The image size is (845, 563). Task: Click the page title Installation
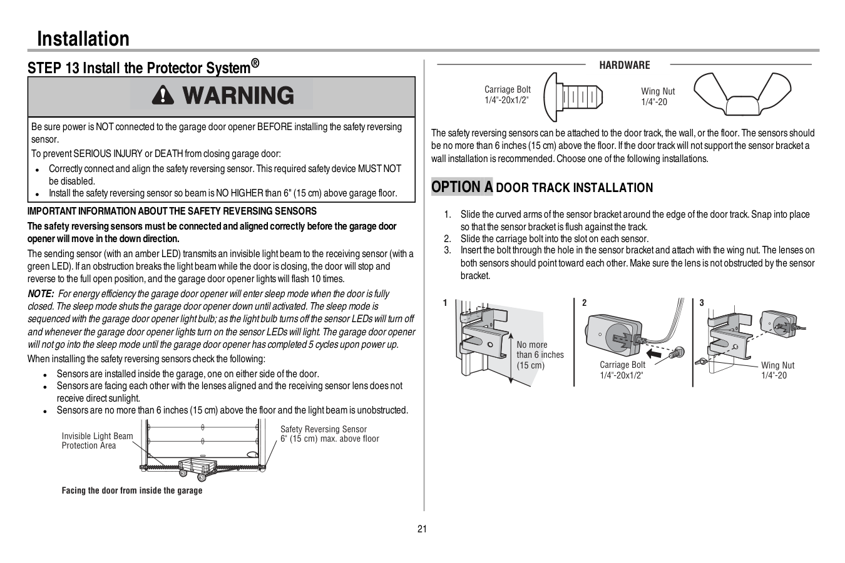(x=83, y=39)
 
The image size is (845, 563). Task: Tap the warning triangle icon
(x=161, y=96)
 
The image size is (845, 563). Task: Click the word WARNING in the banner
(x=238, y=96)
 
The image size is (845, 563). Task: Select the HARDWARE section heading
(x=625, y=65)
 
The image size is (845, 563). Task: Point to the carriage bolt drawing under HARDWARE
(x=573, y=96)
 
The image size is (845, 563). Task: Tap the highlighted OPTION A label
(x=462, y=187)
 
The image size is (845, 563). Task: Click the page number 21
(x=422, y=529)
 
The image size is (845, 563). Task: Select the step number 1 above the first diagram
(x=445, y=303)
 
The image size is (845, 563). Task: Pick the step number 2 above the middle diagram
(x=585, y=303)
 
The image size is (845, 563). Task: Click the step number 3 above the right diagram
(x=702, y=303)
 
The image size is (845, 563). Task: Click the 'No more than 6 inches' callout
(x=540, y=355)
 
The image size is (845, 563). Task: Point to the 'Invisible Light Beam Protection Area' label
(x=97, y=441)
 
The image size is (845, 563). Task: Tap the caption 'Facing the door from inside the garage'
(x=132, y=490)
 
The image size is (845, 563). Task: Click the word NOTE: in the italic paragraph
(x=41, y=294)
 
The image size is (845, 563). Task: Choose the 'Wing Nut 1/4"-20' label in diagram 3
(x=777, y=370)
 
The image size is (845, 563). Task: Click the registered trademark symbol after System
(x=255, y=63)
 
